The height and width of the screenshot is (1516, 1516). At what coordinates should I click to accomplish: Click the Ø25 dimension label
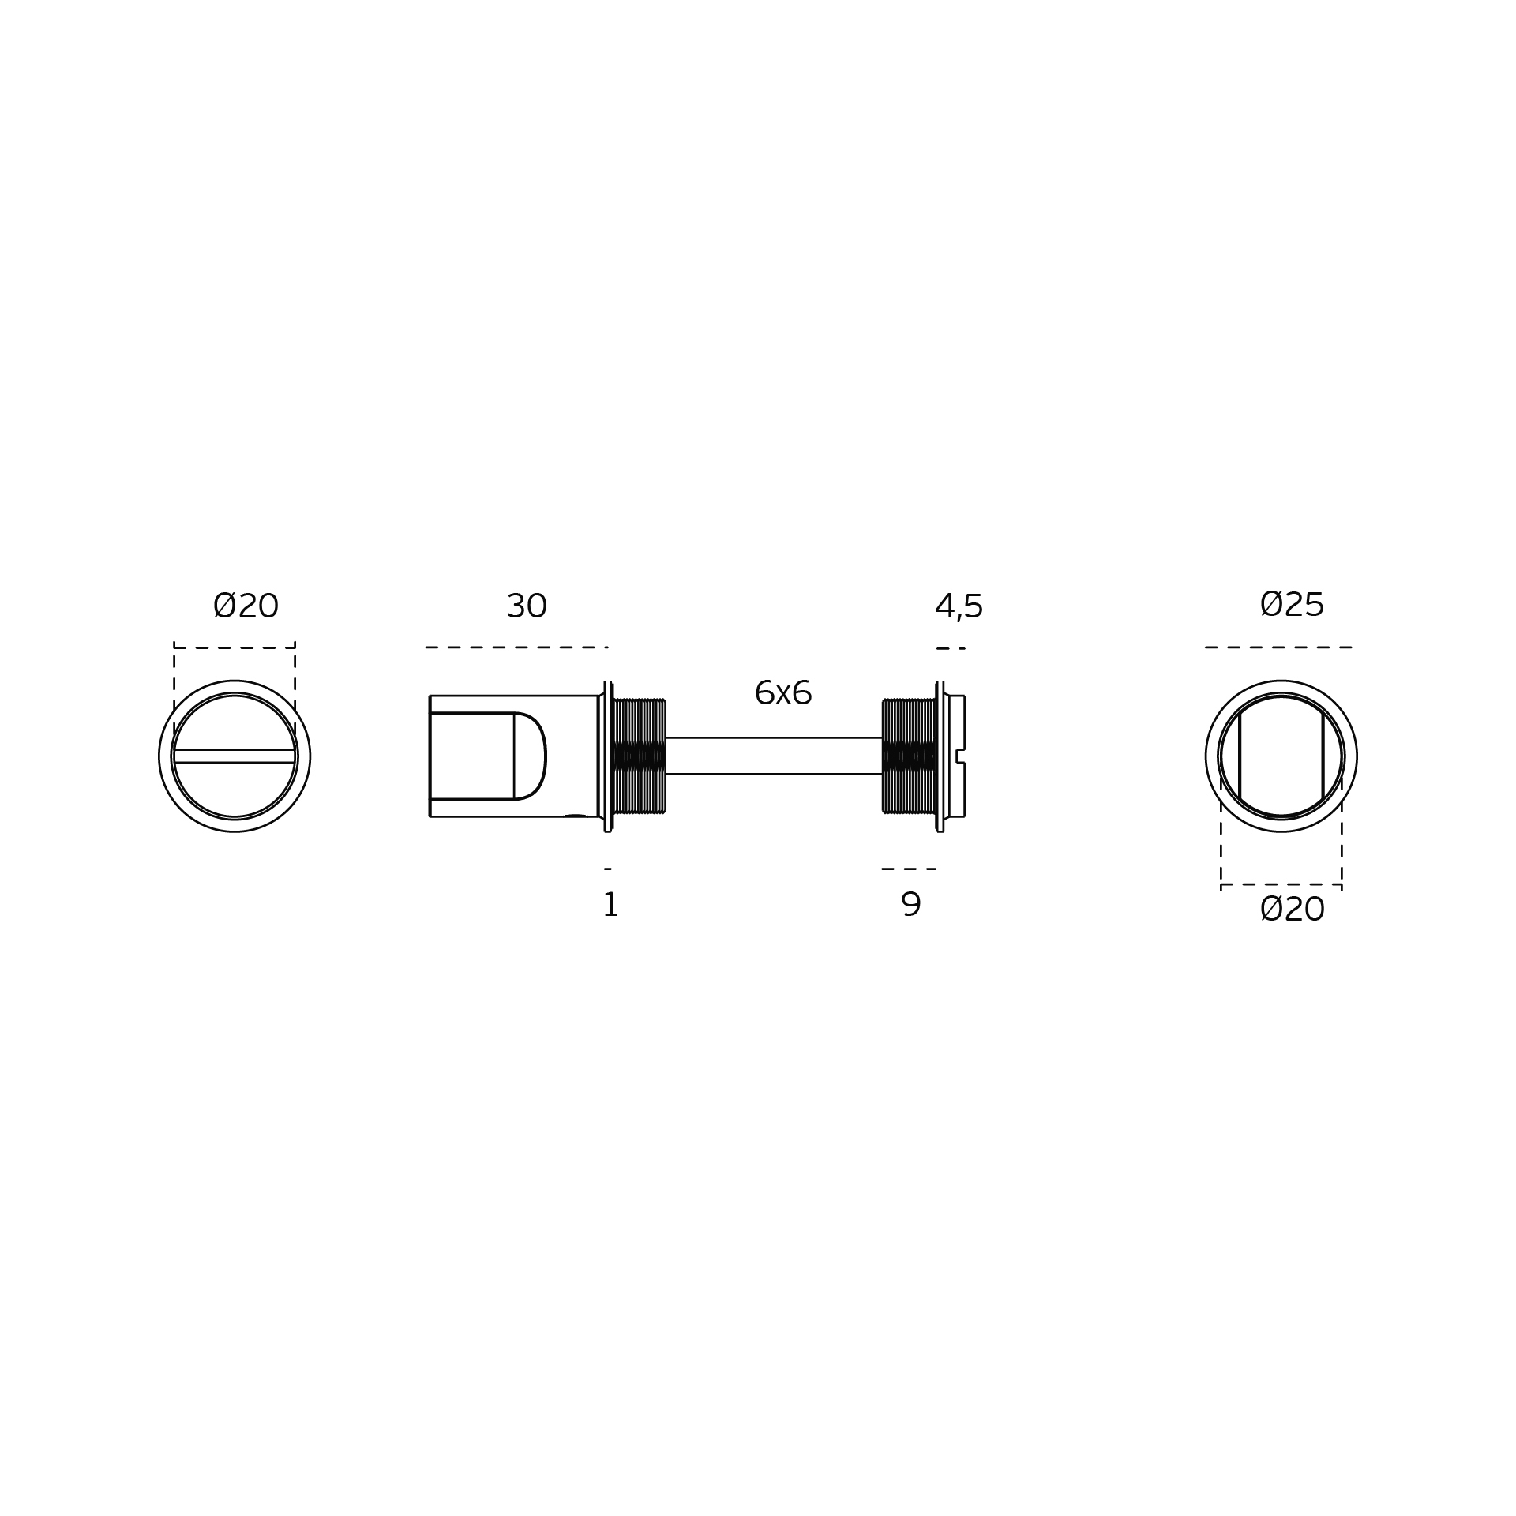pyautogui.click(x=1292, y=605)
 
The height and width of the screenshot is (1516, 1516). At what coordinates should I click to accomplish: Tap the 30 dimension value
pyautogui.click(x=527, y=606)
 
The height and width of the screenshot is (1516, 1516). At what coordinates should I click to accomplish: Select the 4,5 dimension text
pyautogui.click(x=959, y=607)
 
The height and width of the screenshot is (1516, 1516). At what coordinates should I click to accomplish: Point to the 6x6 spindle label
pyautogui.click(x=782, y=693)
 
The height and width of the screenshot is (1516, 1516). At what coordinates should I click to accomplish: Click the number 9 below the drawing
pyautogui.click(x=910, y=905)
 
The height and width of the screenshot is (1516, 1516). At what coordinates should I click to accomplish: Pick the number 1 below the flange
pyautogui.click(x=610, y=905)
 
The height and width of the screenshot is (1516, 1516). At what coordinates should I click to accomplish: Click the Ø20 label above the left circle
pyautogui.click(x=246, y=606)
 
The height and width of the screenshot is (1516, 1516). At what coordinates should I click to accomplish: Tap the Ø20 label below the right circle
pyautogui.click(x=1292, y=910)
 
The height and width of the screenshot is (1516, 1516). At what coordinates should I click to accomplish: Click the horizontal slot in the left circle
pyautogui.click(x=235, y=756)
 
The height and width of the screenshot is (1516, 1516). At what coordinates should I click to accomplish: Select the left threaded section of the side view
pyautogui.click(x=639, y=756)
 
